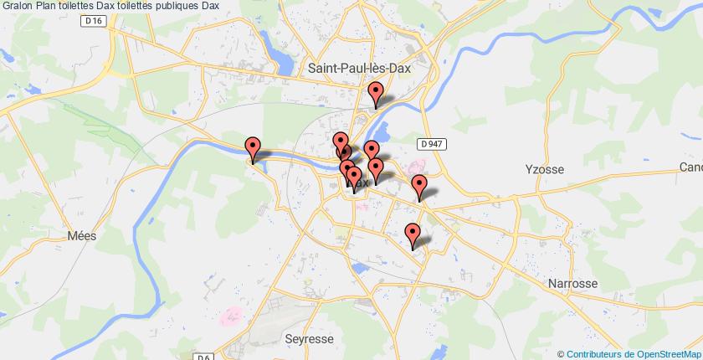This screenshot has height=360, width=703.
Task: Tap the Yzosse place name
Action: click(546, 169)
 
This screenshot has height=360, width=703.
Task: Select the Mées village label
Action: click(83, 235)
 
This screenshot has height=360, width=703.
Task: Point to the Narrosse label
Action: click(572, 284)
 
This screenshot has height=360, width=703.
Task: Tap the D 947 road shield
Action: click(432, 144)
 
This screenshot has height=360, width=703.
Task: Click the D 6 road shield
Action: click(202, 357)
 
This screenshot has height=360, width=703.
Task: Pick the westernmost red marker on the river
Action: click(253, 149)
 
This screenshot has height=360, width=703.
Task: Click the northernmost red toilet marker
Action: click(376, 94)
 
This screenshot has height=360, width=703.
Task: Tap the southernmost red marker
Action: click(412, 235)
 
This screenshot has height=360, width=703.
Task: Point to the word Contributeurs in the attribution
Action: click(596, 353)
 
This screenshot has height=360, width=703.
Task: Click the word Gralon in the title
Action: click(18, 6)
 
